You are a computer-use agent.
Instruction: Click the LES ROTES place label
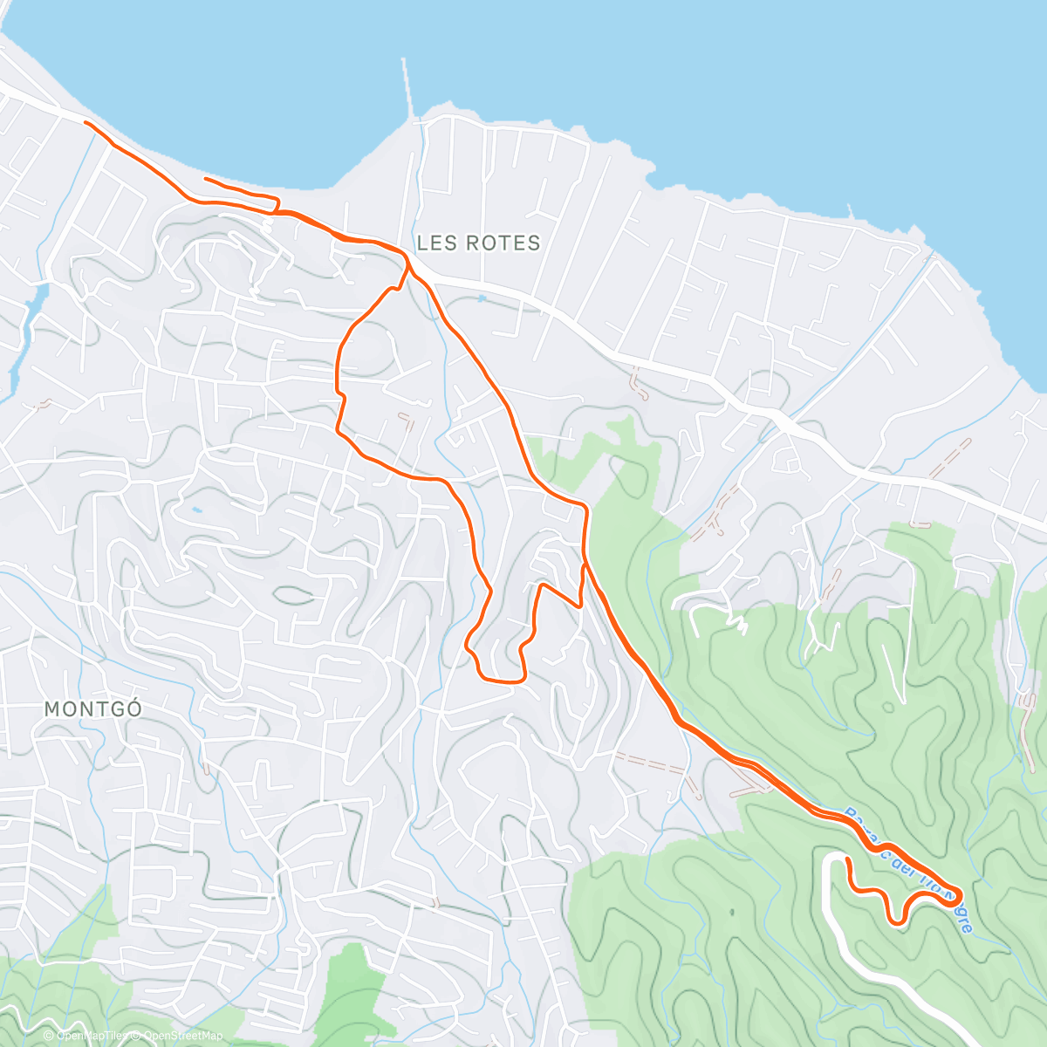[479, 243]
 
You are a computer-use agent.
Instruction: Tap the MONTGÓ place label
[92, 708]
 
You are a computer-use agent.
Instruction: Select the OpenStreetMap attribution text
[180, 1036]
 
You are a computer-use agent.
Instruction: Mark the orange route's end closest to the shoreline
[205, 180]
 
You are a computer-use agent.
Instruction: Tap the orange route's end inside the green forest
[847, 859]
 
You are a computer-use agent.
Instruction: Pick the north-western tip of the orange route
[86, 123]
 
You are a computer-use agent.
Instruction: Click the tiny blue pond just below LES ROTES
[481, 298]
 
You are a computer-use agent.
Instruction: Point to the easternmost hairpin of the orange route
[959, 895]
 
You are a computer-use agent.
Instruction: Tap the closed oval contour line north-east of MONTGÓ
[293, 595]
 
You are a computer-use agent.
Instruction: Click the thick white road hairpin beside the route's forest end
[829, 864]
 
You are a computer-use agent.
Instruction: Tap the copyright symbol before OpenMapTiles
[51, 1036]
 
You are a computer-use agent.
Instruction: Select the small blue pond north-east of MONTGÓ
[195, 510]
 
